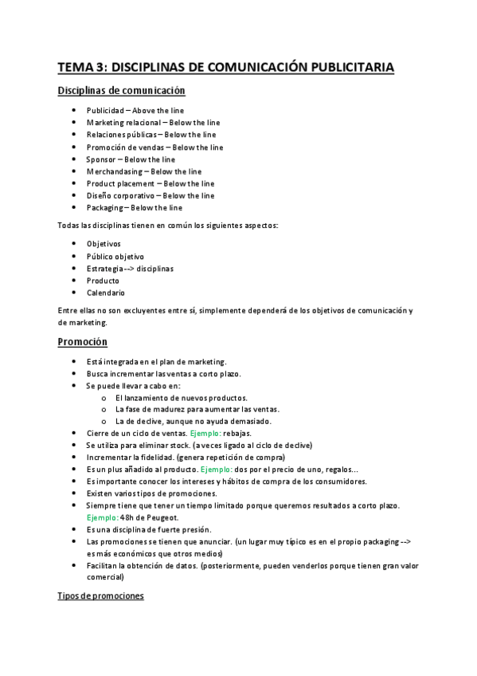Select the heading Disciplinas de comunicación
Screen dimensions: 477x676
(x=121, y=91)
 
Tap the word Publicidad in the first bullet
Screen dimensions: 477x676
(x=105, y=110)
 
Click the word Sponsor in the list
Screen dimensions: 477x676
(x=101, y=159)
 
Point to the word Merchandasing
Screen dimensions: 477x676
(x=115, y=171)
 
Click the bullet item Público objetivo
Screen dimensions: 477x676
(x=115, y=256)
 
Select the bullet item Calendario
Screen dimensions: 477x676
(x=106, y=293)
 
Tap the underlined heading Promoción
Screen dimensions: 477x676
(x=83, y=342)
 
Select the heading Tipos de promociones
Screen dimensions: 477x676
(x=100, y=596)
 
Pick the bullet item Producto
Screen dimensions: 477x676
(x=104, y=281)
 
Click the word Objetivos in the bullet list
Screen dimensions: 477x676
(x=104, y=243)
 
